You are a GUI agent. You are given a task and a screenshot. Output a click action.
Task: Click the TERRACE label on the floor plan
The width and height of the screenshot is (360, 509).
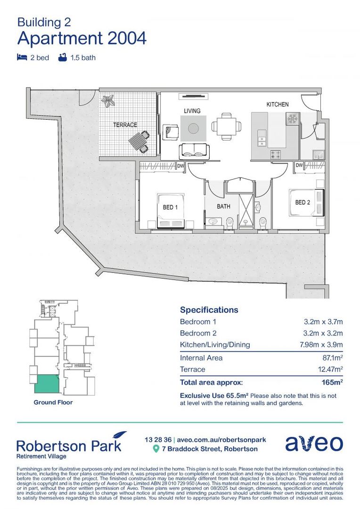125,125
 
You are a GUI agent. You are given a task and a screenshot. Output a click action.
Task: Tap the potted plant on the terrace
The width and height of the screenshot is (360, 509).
109,100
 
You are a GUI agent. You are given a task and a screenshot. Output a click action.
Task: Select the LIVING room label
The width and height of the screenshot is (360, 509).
192,111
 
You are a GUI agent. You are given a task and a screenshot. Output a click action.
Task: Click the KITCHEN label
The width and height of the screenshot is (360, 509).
278,104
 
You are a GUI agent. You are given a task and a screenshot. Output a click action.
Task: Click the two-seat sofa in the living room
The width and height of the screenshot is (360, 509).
194,150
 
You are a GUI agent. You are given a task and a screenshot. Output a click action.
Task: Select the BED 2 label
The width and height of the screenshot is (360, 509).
303,203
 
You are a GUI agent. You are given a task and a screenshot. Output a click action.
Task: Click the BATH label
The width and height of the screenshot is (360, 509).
223,206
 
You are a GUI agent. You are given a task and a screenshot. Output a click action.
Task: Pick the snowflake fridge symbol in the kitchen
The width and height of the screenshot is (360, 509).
292,118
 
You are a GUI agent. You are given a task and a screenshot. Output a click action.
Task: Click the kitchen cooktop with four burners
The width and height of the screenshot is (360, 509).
276,154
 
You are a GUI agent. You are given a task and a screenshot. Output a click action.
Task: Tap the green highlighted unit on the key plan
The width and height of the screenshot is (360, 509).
47,384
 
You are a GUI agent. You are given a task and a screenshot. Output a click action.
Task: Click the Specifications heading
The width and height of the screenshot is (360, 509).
209,310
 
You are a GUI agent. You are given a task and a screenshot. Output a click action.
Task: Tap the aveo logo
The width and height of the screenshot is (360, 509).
314,443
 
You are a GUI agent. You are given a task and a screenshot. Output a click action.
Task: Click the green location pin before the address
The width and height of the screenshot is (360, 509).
156,449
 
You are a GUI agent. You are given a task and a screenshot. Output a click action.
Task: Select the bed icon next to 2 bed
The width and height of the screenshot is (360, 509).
22,58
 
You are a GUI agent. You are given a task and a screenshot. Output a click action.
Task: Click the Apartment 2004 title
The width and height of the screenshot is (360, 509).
82,38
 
